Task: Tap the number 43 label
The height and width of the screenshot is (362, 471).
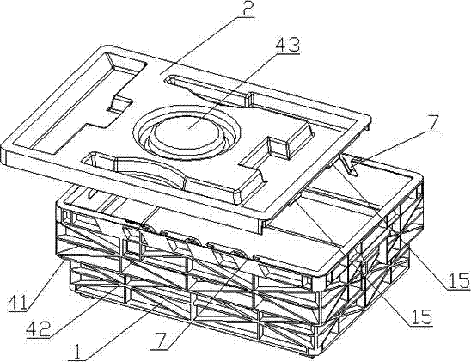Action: click(x=287, y=46)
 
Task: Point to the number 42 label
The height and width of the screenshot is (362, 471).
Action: click(x=38, y=329)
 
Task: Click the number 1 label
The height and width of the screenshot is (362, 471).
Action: click(x=77, y=352)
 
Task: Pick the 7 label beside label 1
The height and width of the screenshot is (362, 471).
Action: click(x=161, y=341)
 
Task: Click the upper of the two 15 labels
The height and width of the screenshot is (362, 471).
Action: click(x=458, y=281)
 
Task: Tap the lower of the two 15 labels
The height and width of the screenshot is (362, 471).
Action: click(x=421, y=317)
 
